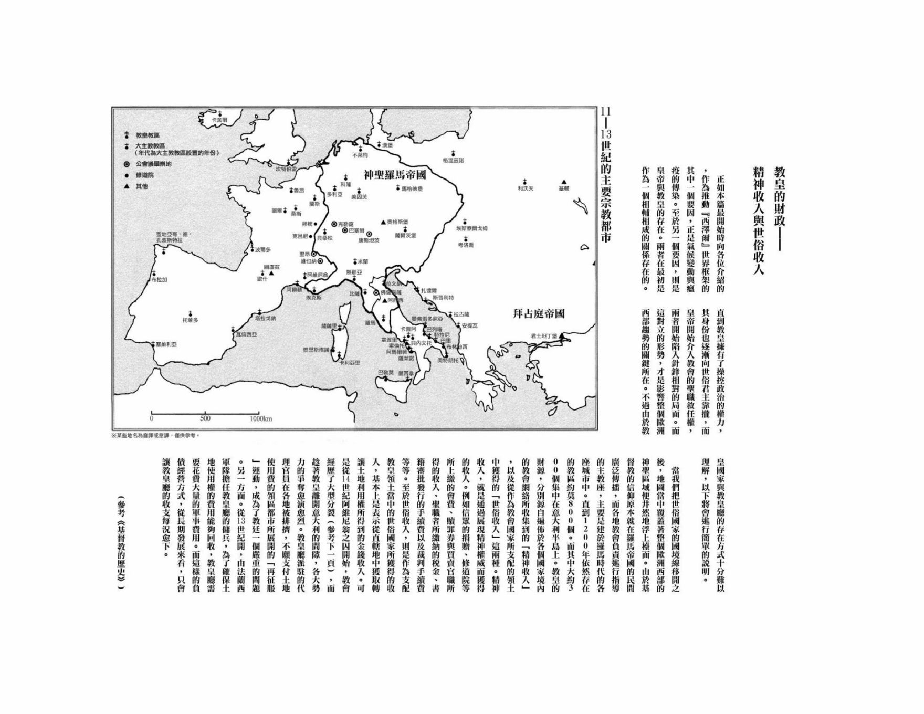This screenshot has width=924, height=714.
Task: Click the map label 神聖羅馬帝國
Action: click(x=394, y=174)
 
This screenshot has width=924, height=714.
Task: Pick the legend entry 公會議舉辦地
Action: click(x=153, y=164)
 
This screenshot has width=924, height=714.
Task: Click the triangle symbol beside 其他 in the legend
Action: click(x=127, y=186)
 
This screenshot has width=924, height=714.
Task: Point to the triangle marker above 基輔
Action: click(x=563, y=182)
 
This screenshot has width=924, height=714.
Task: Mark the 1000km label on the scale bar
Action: click(x=261, y=419)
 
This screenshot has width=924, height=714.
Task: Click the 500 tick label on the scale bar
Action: click(x=205, y=419)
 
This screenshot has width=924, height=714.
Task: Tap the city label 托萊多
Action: click(x=190, y=320)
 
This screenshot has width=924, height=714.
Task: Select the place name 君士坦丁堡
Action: click(x=543, y=336)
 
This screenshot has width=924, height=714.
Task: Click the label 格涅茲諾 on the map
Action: click(x=453, y=160)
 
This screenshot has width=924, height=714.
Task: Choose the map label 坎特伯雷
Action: click(x=286, y=169)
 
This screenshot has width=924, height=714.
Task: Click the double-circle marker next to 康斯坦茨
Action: click(x=369, y=234)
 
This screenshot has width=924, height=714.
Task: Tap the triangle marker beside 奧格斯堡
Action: click(x=383, y=222)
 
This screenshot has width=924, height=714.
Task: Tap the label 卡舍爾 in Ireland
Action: click(x=219, y=120)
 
